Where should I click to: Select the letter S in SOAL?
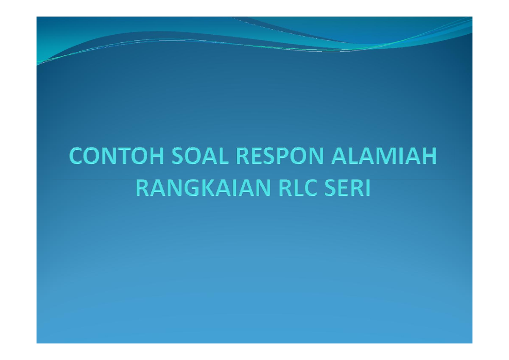[x=177, y=157]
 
